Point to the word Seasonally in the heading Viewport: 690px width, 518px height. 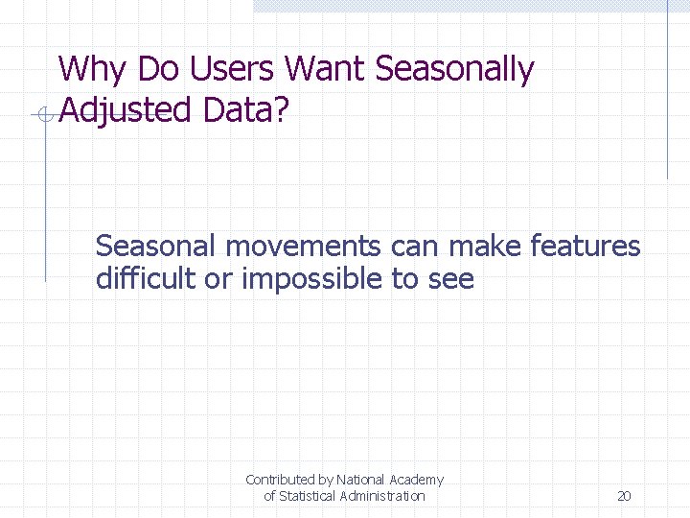pyautogui.click(x=455, y=70)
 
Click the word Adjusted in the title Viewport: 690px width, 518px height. pyautogui.click(x=126, y=111)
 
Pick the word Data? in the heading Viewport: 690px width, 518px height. pyautogui.click(x=245, y=111)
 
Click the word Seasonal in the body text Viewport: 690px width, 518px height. pyautogui.click(x=156, y=247)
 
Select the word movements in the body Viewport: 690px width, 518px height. pyautogui.click(x=303, y=247)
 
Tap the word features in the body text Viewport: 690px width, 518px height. pyautogui.click(x=584, y=247)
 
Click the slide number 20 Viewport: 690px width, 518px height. pyautogui.click(x=624, y=496)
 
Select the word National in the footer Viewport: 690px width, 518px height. pyautogui.click(x=360, y=479)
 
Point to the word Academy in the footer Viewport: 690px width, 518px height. pyautogui.click(x=416, y=479)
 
